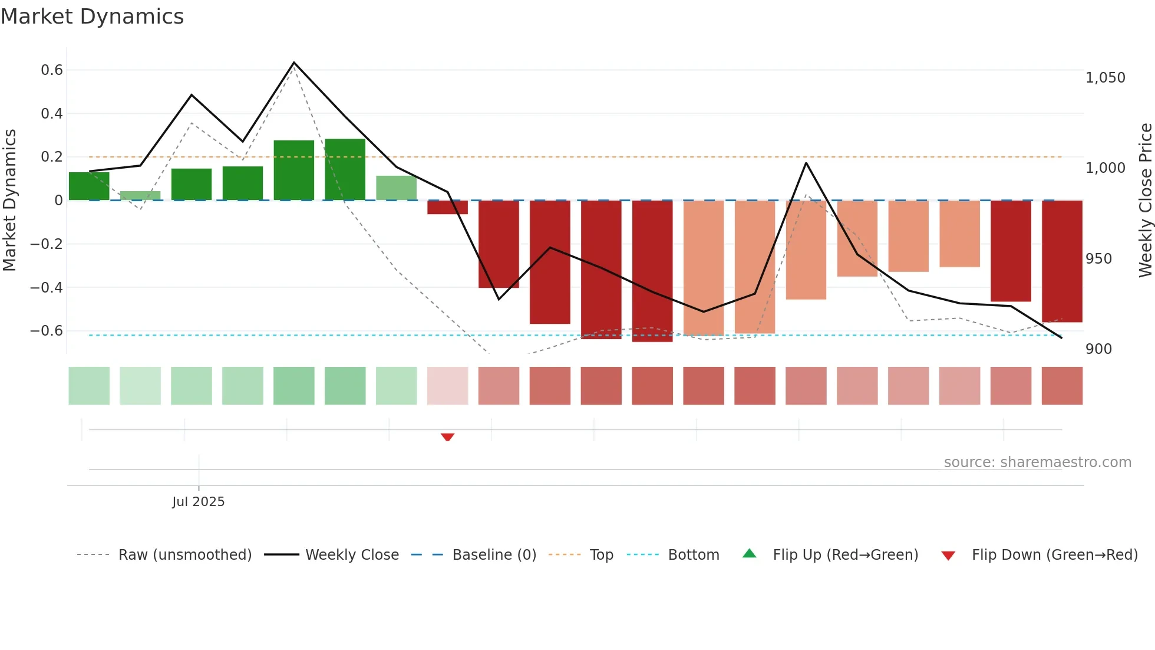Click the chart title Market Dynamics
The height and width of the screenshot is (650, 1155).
pyautogui.click(x=92, y=17)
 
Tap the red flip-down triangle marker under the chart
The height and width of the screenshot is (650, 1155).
pyautogui.click(x=447, y=437)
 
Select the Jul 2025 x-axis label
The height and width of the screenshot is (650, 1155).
pyautogui.click(x=198, y=501)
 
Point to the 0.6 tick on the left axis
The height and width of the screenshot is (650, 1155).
pyautogui.click(x=52, y=70)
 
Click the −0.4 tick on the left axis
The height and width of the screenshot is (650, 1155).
pyautogui.click(x=47, y=287)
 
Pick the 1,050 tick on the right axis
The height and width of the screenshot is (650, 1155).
pyautogui.click(x=1105, y=78)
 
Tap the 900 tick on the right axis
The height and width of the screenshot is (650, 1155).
pyautogui.click(x=1098, y=349)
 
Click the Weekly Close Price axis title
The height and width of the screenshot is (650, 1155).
pyautogui.click(x=1145, y=200)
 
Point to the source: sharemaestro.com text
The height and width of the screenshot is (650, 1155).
pyautogui.click(x=1037, y=462)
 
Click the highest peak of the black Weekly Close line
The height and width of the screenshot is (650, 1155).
pyautogui.click(x=294, y=63)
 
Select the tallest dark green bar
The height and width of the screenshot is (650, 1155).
pyautogui.click(x=345, y=169)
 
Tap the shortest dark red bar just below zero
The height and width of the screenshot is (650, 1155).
pyautogui.click(x=447, y=207)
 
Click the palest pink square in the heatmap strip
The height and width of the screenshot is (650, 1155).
pyautogui.click(x=447, y=386)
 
